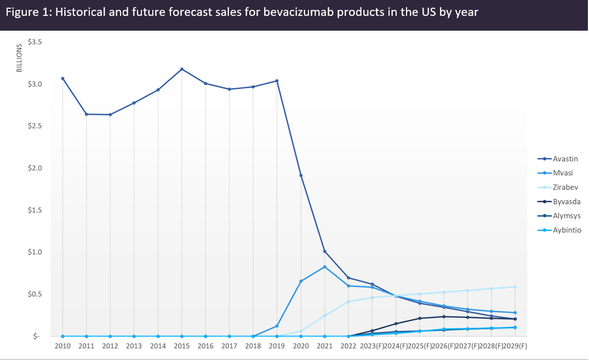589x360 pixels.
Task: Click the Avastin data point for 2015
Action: click(x=182, y=69)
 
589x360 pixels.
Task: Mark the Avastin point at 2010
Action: click(x=62, y=78)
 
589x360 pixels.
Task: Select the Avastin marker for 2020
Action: click(x=301, y=175)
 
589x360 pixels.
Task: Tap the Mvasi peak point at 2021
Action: click(x=325, y=267)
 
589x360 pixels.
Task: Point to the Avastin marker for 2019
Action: click(x=277, y=81)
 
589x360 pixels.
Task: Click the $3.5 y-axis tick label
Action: click(x=35, y=42)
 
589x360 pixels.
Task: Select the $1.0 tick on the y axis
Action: click(x=35, y=252)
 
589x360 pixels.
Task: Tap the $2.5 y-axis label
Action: click(x=35, y=126)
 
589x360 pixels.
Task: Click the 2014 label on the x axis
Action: click(x=158, y=347)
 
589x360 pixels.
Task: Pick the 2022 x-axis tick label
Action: click(x=348, y=347)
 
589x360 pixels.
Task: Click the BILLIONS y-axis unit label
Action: click(x=18, y=58)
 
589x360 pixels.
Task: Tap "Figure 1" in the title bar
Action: click(x=26, y=12)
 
